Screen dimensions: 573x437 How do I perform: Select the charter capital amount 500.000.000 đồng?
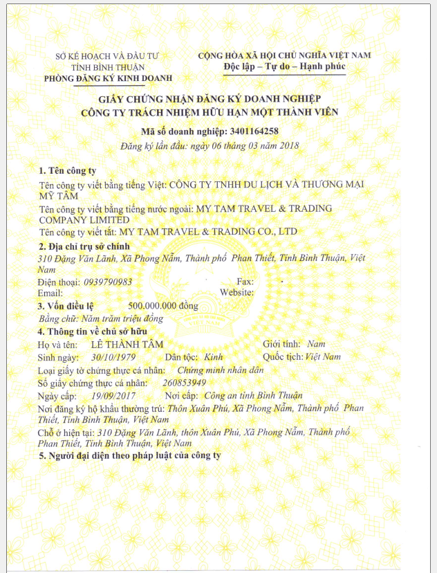coord(163,306)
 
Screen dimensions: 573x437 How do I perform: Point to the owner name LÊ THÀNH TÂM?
coord(124,344)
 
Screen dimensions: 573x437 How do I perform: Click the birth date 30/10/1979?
coord(115,357)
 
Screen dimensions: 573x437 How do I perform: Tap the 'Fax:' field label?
coord(245,282)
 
